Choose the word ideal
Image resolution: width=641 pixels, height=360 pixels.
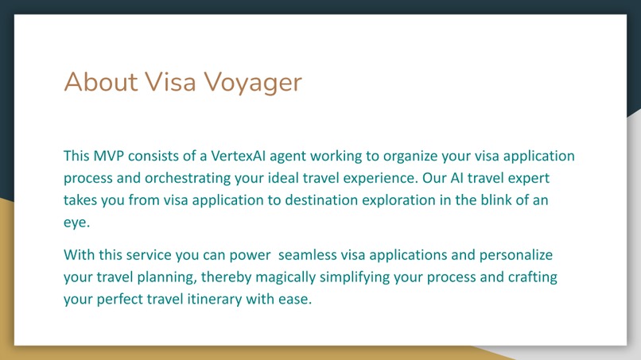289,178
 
